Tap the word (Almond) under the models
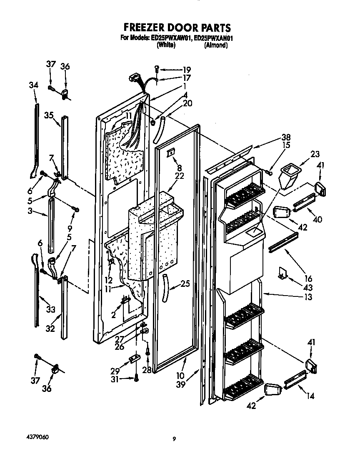pos(216,45)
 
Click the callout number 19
pos(175,70)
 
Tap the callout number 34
pos(34,85)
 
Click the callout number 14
pos(310,395)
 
